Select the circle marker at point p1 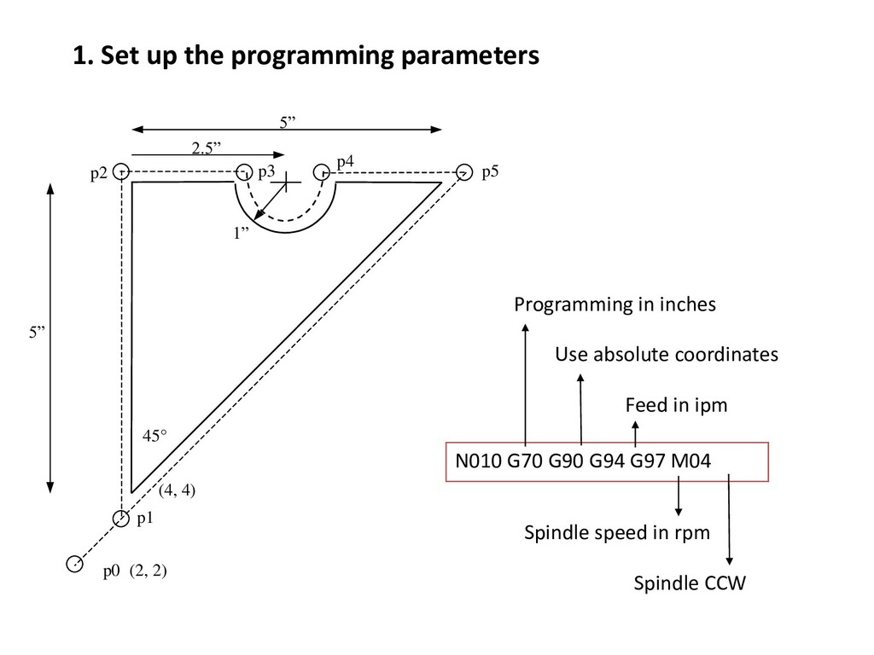[x=121, y=517]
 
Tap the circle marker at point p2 [x=121, y=171]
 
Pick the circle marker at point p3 [x=244, y=171]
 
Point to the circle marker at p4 [x=322, y=171]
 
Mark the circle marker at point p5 [x=464, y=171]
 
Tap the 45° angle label [x=154, y=436]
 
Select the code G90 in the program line [x=565, y=462]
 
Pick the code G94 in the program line [x=606, y=462]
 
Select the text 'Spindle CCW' [x=689, y=584]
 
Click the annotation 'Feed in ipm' [x=676, y=405]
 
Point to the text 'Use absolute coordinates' [x=667, y=354]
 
